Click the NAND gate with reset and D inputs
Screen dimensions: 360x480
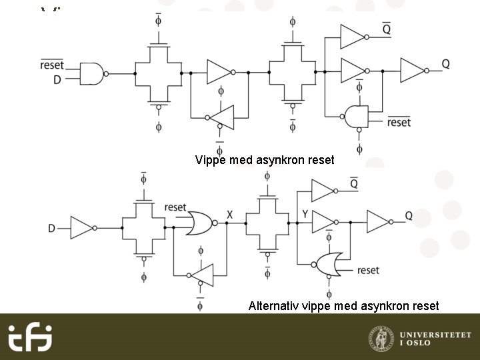pyautogui.click(x=92, y=73)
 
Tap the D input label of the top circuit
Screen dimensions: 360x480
pyautogui.click(x=57, y=80)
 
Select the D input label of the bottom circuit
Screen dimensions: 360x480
pyautogui.click(x=52, y=229)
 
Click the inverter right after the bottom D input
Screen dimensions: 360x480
pyautogui.click(x=82, y=228)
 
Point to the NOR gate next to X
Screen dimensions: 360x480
pyautogui.click(x=198, y=223)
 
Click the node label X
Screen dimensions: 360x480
pyautogui.click(x=229, y=215)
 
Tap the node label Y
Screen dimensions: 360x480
pyautogui.click(x=304, y=214)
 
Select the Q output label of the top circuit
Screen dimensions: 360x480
pyautogui.click(x=445, y=64)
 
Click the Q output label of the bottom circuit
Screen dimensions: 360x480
pyautogui.click(x=409, y=215)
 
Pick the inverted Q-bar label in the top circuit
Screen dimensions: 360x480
pyautogui.click(x=387, y=29)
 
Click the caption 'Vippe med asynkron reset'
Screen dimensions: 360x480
pyautogui.click(x=264, y=160)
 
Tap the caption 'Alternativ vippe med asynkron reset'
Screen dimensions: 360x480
pyautogui.click(x=343, y=306)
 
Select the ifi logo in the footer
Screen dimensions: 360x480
pyautogui.click(x=30, y=337)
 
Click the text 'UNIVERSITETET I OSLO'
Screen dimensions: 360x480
pyautogui.click(x=435, y=337)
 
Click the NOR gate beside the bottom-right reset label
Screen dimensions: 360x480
pyautogui.click(x=329, y=264)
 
